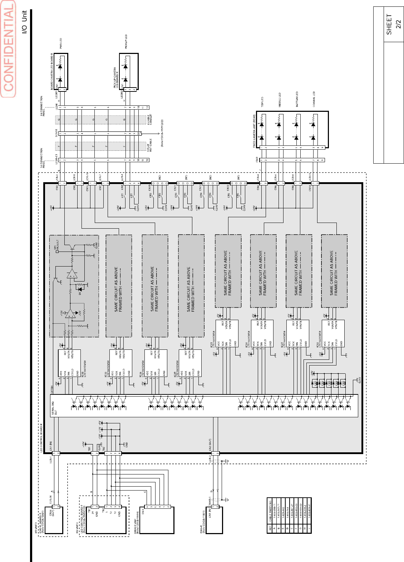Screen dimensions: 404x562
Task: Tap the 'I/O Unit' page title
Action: coord(24,22)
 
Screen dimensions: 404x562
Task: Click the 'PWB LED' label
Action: coord(61,43)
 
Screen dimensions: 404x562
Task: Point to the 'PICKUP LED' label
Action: coord(126,41)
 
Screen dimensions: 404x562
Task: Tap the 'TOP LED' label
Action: coord(262,102)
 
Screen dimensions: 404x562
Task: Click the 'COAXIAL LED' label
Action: coord(314,99)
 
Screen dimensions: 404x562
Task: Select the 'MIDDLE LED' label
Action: coord(280,100)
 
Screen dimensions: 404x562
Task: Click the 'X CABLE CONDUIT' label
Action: coord(150,120)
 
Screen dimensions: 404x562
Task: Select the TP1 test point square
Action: coord(57,252)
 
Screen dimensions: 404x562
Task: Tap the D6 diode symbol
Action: coord(80,289)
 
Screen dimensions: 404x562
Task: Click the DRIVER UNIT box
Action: coord(157,520)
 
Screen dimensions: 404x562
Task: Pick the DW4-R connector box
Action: coord(214,520)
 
